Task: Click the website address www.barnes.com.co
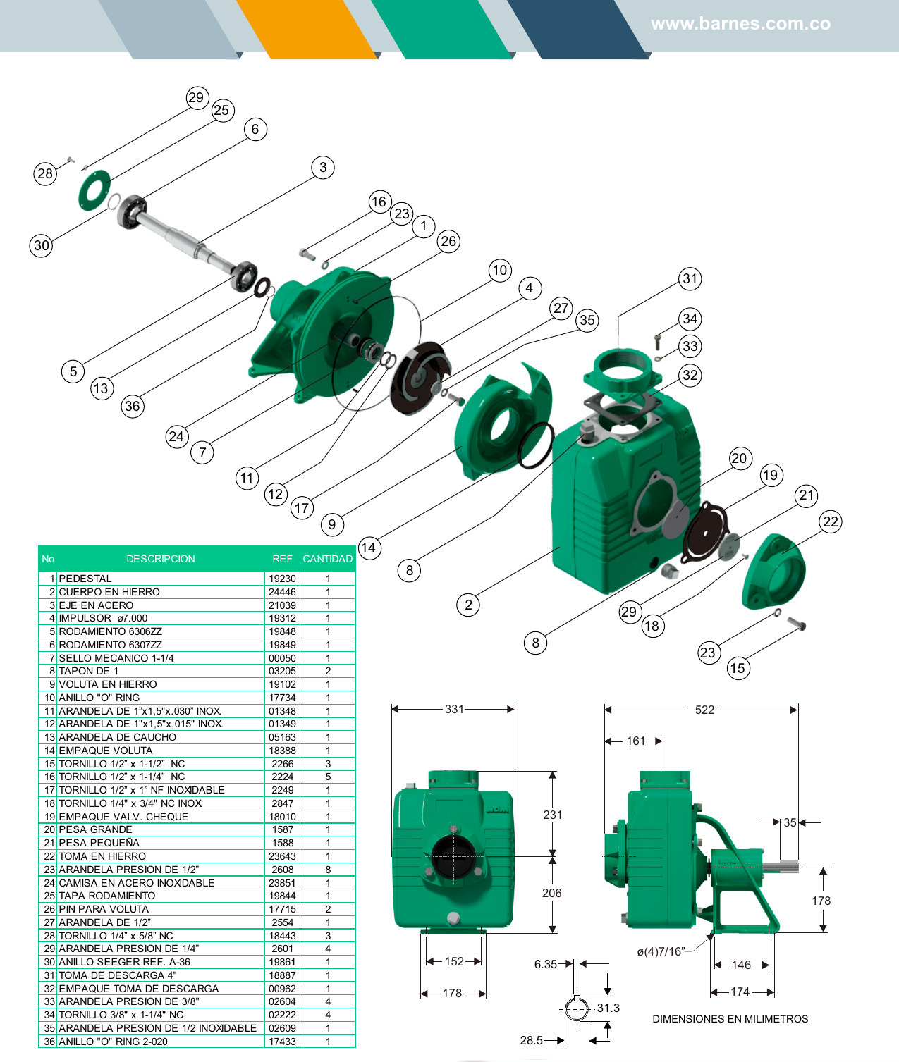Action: (740, 24)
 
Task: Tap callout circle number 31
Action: (690, 278)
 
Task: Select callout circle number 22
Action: (831, 521)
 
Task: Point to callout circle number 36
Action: (132, 406)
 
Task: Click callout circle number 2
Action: (468, 605)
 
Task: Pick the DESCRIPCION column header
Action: (161, 559)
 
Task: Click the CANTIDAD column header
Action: (327, 559)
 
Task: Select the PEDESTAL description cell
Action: (85, 579)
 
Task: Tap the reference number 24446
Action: (282, 592)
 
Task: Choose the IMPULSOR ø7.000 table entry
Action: (103, 618)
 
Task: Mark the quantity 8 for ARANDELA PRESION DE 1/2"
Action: (328, 870)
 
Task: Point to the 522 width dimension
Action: (704, 710)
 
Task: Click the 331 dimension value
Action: (454, 709)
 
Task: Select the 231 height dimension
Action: (553, 815)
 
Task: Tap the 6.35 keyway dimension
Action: (545, 964)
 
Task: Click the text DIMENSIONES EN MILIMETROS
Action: (730, 1019)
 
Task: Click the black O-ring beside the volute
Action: (536, 445)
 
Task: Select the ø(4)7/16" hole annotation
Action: (661, 952)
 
